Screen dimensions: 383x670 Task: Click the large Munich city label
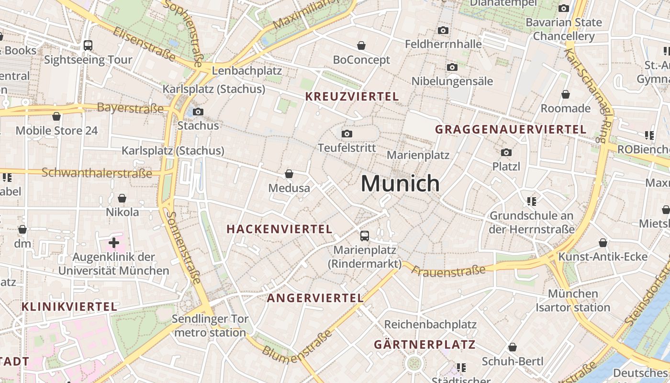point(400,183)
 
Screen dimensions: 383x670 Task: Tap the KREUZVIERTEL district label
point(352,96)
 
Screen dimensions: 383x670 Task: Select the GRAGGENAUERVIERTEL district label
point(511,129)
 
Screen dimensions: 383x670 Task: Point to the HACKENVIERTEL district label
point(279,229)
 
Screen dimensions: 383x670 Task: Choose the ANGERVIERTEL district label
point(315,298)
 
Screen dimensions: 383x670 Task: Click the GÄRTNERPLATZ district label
point(424,344)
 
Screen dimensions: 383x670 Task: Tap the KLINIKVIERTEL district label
point(69,306)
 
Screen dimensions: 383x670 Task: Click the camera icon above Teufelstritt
point(347,134)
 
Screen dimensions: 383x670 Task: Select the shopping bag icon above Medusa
point(289,173)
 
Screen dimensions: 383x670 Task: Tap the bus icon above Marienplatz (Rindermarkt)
point(365,236)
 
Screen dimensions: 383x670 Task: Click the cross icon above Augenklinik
point(114,243)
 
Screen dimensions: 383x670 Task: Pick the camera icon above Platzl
point(506,152)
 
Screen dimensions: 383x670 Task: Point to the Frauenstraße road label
point(448,271)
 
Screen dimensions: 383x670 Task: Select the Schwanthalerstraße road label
point(97,172)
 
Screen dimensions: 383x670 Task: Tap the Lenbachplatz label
point(246,71)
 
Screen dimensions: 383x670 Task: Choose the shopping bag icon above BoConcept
point(361,45)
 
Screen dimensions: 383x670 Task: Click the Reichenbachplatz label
point(430,324)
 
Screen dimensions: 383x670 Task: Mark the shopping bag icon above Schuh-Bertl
point(513,347)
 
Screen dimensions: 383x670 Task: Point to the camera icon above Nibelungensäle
point(452,67)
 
